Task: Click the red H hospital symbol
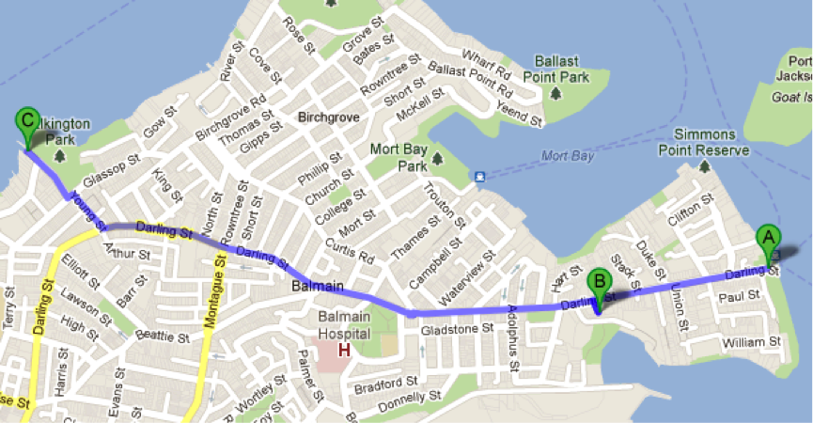pyautogui.click(x=344, y=351)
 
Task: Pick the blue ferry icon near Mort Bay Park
pyautogui.click(x=480, y=176)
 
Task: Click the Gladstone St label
pyautogui.click(x=458, y=329)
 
